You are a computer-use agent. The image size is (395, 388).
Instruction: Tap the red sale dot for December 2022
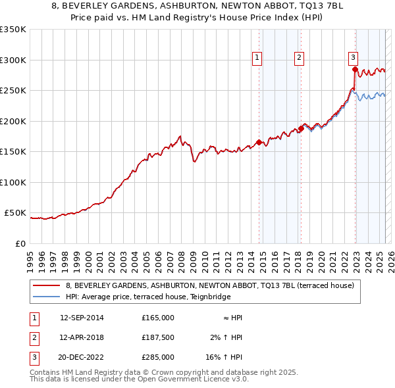click(355, 69)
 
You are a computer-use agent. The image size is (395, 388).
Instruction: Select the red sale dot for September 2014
click(259, 142)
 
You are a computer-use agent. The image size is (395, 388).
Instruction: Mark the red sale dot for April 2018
click(301, 128)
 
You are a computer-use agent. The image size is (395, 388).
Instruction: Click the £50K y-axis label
click(14, 213)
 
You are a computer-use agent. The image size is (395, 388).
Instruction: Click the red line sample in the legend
click(46, 286)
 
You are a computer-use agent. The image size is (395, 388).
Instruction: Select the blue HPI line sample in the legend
click(46, 297)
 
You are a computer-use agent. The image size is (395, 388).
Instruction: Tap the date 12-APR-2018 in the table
click(82, 337)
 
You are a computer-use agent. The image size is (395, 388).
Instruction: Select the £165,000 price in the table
click(157, 318)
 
